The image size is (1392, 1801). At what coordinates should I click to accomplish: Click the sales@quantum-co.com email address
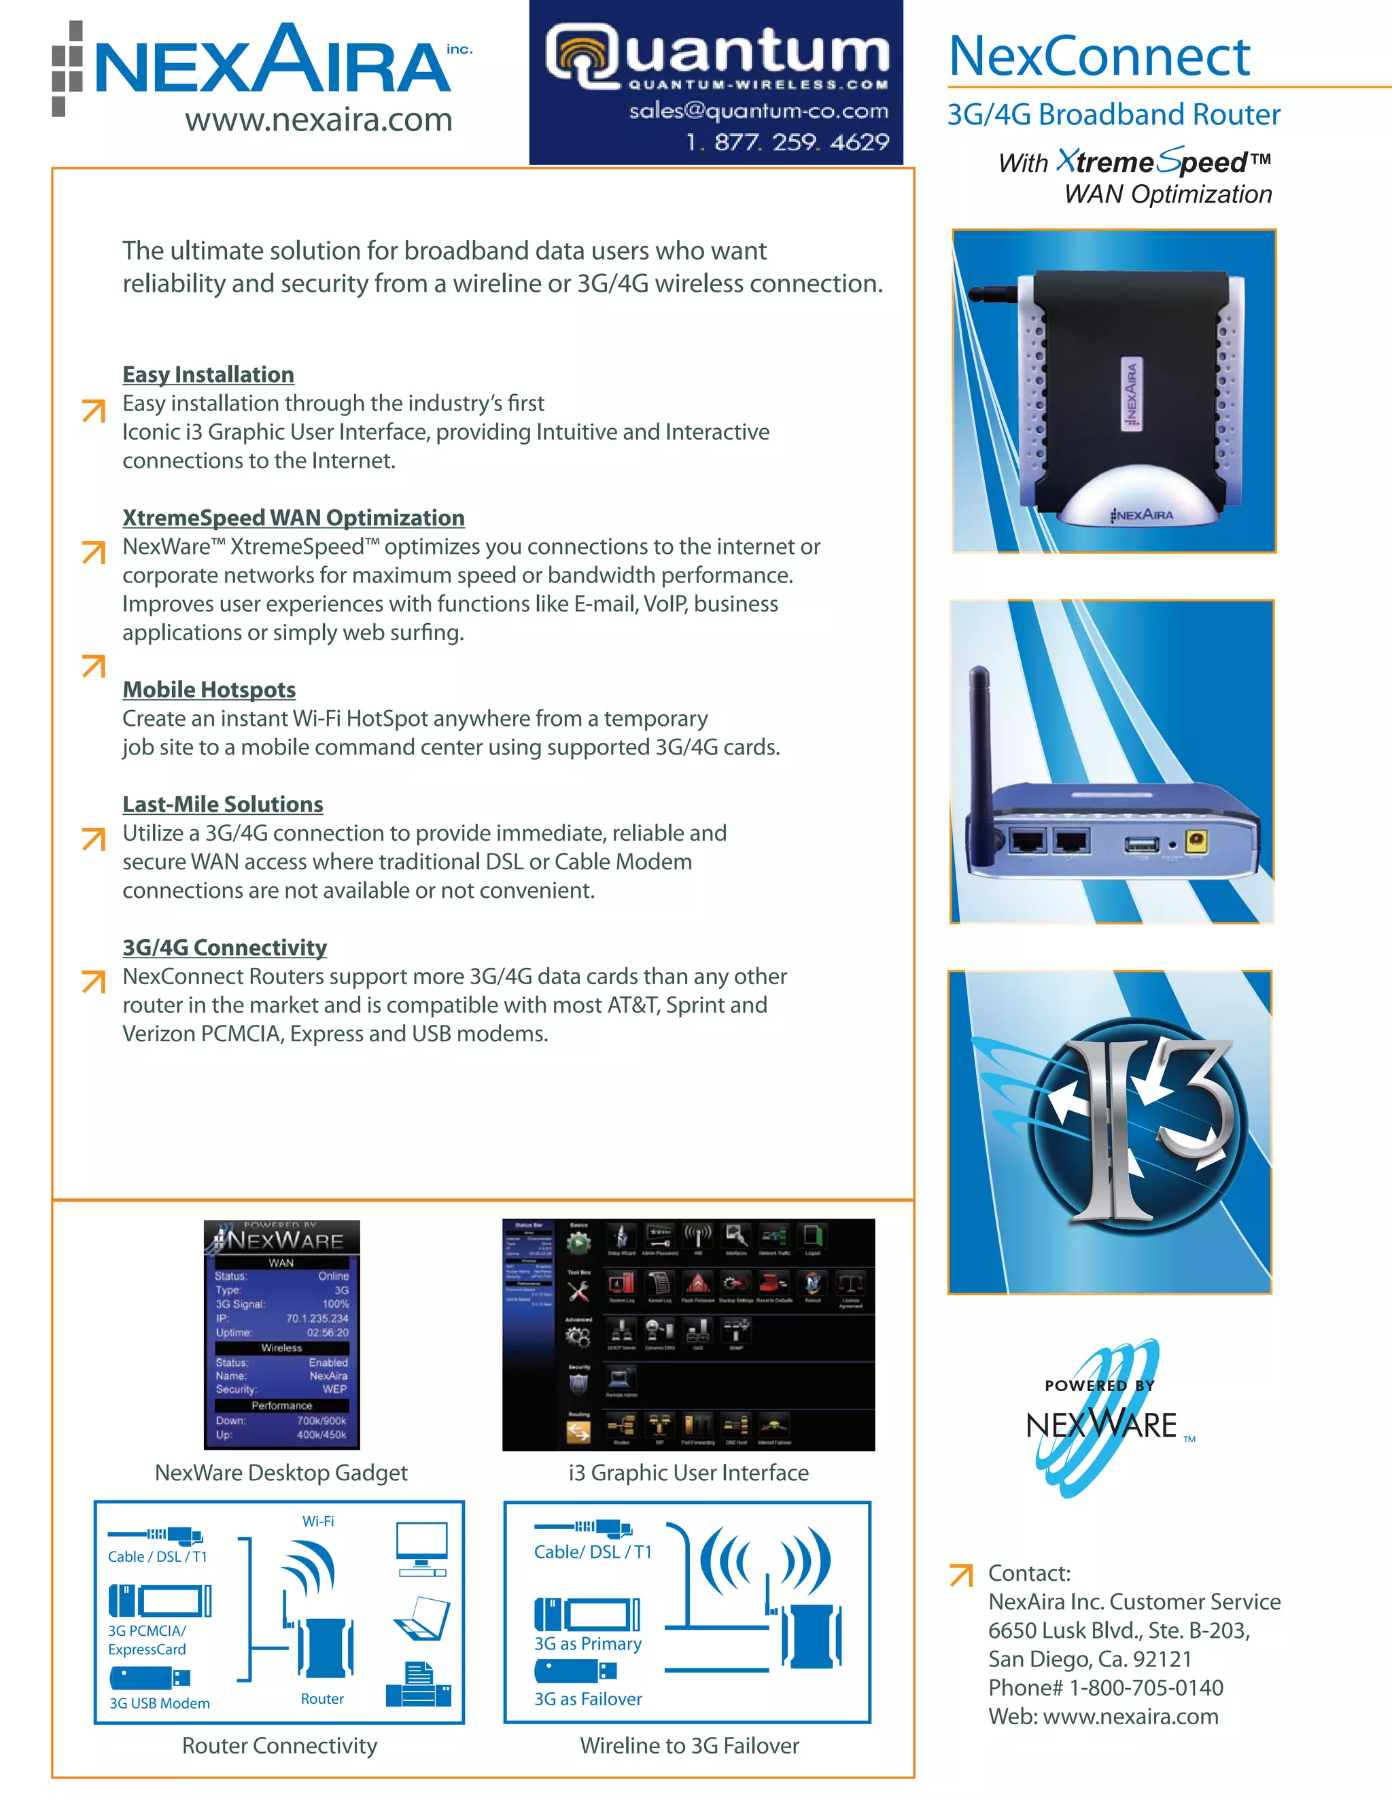tap(758, 111)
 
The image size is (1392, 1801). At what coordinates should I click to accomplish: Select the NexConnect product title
tap(1098, 56)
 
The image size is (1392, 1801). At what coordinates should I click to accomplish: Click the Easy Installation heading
tap(208, 374)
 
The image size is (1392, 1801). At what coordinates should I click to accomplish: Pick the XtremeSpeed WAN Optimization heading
tap(293, 518)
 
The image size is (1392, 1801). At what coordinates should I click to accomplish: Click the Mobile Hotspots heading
tap(209, 689)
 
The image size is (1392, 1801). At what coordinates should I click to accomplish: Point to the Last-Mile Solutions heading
tap(223, 804)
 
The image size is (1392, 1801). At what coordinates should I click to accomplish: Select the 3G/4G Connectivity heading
tap(224, 947)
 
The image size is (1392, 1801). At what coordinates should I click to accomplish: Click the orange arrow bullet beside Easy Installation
tap(94, 410)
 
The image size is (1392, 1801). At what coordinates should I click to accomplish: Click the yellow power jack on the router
tap(1196, 841)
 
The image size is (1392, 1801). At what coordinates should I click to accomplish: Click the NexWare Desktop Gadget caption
tap(281, 1473)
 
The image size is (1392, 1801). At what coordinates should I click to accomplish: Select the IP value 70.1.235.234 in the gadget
tap(317, 1318)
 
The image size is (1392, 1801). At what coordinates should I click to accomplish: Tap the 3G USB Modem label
tap(159, 1704)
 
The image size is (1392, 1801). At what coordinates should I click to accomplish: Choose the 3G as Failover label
tap(587, 1699)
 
